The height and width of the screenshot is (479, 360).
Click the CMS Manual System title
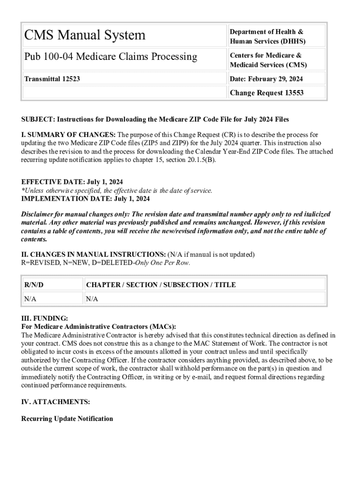click(x=85, y=35)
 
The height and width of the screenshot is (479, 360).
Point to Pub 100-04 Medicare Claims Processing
click(x=110, y=57)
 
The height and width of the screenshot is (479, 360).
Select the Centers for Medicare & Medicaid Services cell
click(x=268, y=60)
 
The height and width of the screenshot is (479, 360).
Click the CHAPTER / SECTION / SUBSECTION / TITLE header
click(x=161, y=284)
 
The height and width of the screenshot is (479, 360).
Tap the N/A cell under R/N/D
click(x=30, y=299)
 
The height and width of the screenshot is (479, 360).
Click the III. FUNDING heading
click(x=44, y=318)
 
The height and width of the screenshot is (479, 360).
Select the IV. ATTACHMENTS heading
click(x=56, y=402)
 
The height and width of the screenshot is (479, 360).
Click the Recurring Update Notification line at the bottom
click(x=67, y=419)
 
